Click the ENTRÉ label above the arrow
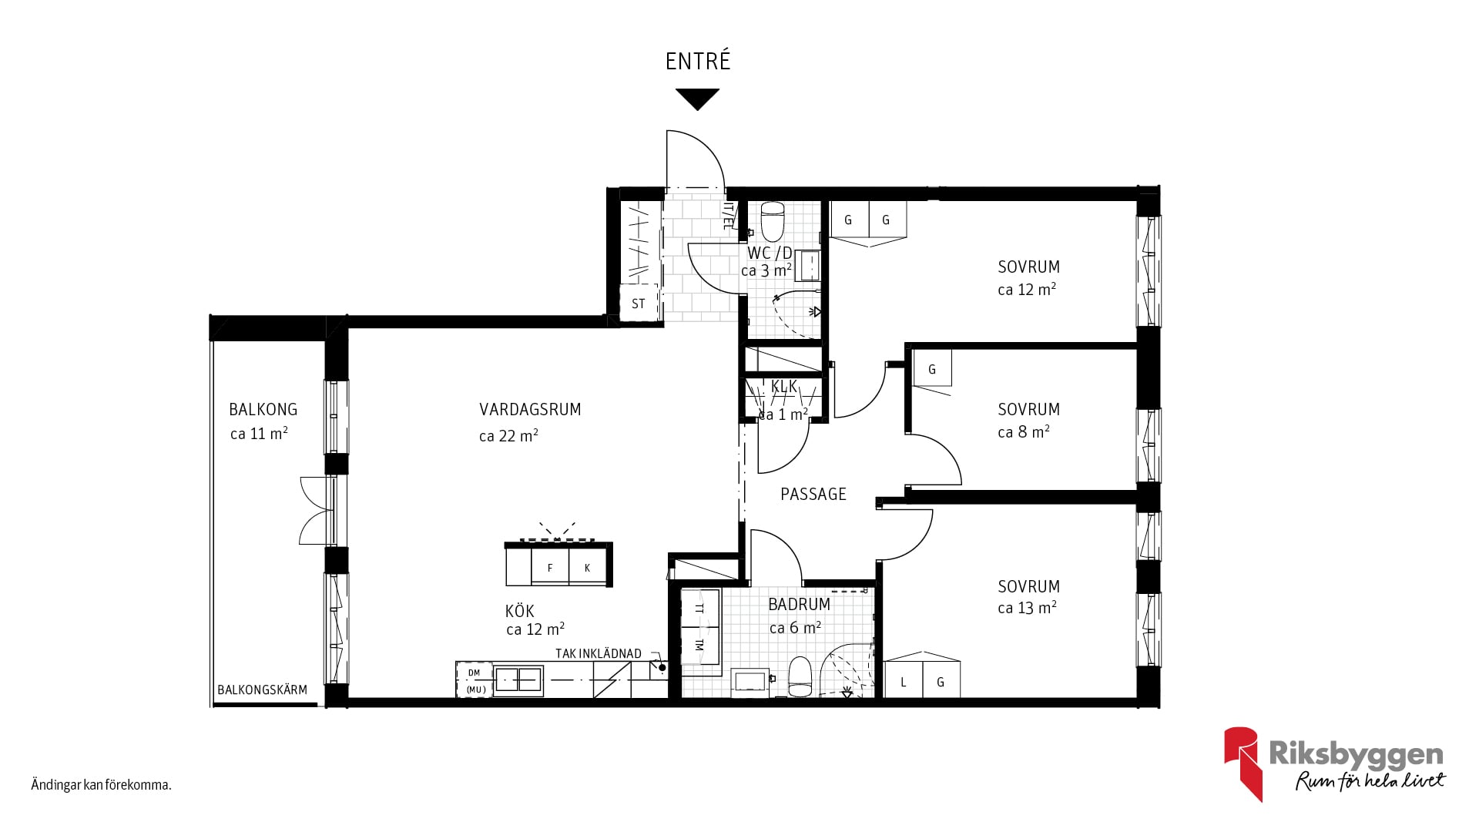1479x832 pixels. tap(698, 61)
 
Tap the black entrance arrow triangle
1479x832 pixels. tap(698, 99)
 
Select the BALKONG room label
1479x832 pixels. tap(263, 410)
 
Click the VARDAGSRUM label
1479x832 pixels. tap(530, 410)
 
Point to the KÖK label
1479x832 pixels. tap(520, 612)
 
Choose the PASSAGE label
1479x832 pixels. tap(813, 495)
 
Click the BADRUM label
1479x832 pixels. tap(800, 605)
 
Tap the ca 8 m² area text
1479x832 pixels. tap(1024, 432)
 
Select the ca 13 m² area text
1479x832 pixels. tap(1027, 608)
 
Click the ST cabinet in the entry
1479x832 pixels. tap(639, 304)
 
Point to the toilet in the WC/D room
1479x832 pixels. tap(773, 222)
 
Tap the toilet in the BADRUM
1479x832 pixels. tap(800, 676)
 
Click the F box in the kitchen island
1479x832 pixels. tap(550, 567)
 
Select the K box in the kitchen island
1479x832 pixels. tap(588, 567)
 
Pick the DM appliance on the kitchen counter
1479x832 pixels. tap(475, 673)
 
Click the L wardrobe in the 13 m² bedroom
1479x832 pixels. tap(904, 681)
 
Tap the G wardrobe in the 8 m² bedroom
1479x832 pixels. tap(932, 368)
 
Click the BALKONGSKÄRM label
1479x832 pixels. tap(262, 690)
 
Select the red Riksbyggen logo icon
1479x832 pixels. tap(1243, 763)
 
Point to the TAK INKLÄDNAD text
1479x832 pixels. tap(599, 654)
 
